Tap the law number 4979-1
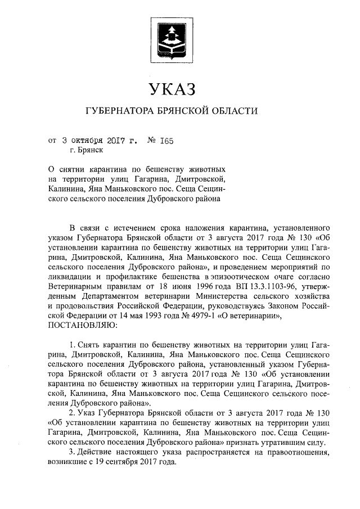[189, 316]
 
